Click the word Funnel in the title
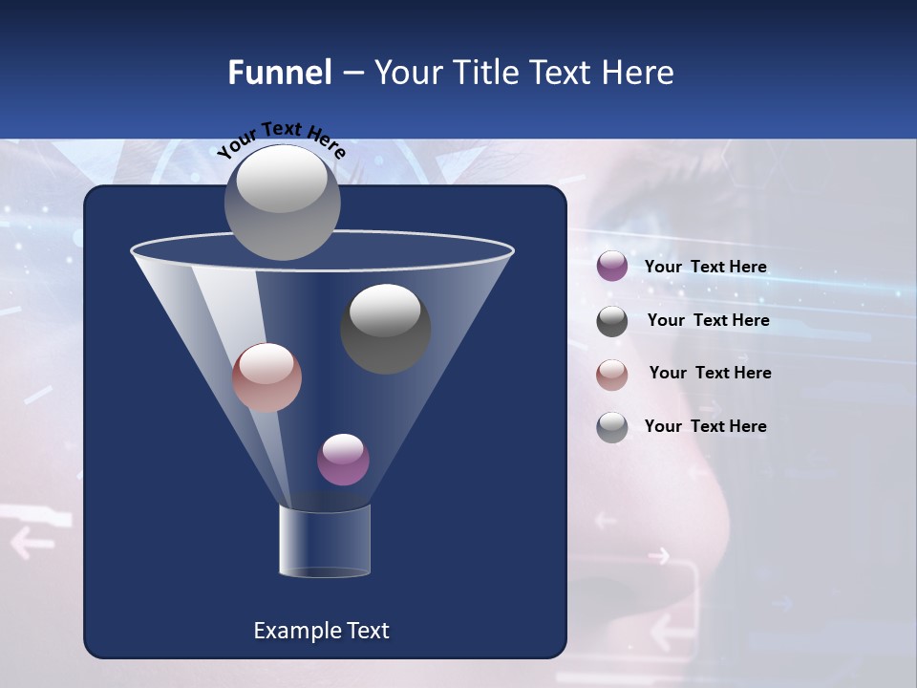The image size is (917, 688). tap(279, 73)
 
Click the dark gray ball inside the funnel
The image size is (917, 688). tap(386, 329)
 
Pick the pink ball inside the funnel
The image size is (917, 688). tap(267, 377)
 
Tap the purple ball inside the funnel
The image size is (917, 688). tap(343, 460)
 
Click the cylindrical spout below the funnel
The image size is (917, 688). tap(324, 541)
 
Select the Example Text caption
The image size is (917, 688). tap(321, 631)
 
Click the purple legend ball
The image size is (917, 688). tap(612, 266)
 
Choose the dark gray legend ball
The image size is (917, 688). tap(612, 321)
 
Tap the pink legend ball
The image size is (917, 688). tap(612, 375)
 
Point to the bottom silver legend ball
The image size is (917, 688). tap(612, 427)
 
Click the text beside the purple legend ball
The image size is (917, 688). tap(705, 267)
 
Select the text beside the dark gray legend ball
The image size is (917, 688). tap(708, 320)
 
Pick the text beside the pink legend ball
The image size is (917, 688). tap(710, 373)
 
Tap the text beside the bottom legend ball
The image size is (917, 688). tap(705, 426)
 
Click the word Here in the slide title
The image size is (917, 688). tap(638, 73)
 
